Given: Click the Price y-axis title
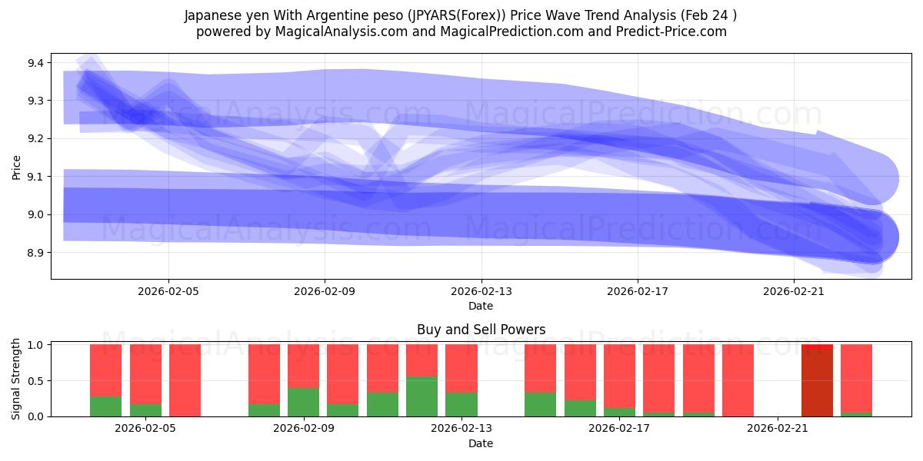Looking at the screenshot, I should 17,166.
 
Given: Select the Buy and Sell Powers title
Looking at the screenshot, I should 481,330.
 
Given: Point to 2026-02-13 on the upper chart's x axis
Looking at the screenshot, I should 481,291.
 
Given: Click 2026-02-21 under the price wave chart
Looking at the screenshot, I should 794,291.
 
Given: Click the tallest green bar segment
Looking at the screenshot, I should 422,396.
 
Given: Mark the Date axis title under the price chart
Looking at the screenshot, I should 481,306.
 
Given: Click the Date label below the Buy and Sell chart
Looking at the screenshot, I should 481,443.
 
